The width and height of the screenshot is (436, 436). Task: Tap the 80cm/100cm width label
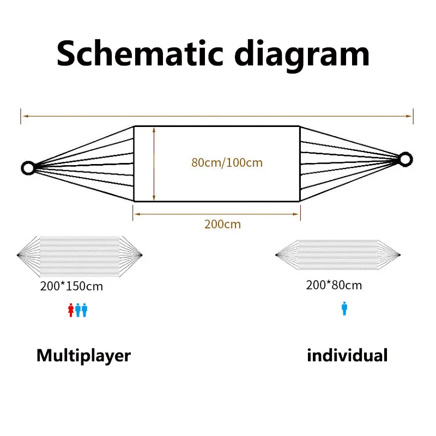click(227, 162)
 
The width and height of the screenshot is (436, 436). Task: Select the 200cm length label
click(222, 224)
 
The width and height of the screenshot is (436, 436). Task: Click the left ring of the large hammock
click(27, 167)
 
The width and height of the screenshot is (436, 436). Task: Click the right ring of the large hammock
click(405, 159)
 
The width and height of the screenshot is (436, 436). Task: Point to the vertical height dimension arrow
click(155, 163)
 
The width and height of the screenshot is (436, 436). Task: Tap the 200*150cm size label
click(71, 286)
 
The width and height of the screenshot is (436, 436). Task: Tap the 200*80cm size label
click(334, 285)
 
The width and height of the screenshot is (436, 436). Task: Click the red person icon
click(70, 310)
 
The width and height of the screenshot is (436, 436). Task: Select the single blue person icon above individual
click(344, 310)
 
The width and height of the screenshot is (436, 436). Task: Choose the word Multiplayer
click(83, 356)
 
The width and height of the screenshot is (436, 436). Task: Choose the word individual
click(347, 356)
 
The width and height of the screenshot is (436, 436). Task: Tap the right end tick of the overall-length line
click(413, 116)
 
